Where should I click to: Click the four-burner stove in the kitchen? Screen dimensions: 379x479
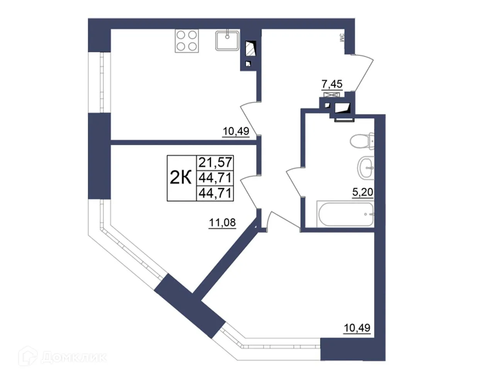pyautogui.click(x=187, y=41)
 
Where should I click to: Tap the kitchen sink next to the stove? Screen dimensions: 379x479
pyautogui.click(x=228, y=40)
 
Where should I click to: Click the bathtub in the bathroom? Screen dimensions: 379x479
pyautogui.click(x=345, y=214)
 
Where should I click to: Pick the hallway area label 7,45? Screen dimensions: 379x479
pyautogui.click(x=332, y=83)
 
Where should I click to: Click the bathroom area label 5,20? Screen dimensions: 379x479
pyautogui.click(x=362, y=192)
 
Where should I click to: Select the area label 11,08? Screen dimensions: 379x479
pyautogui.click(x=222, y=223)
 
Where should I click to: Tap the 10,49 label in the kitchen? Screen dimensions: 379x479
pyautogui.click(x=236, y=131)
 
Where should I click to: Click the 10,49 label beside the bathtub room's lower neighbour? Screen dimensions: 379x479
pyautogui.click(x=357, y=328)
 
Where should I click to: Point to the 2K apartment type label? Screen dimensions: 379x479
pyautogui.click(x=181, y=178)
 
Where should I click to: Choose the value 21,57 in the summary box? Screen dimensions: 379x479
pyautogui.click(x=215, y=162)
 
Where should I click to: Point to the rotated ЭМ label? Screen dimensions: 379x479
pyautogui.click(x=341, y=38)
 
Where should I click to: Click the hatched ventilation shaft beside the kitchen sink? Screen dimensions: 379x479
pyautogui.click(x=250, y=49)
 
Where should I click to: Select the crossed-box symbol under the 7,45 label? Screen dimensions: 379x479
pyautogui.click(x=332, y=94)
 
